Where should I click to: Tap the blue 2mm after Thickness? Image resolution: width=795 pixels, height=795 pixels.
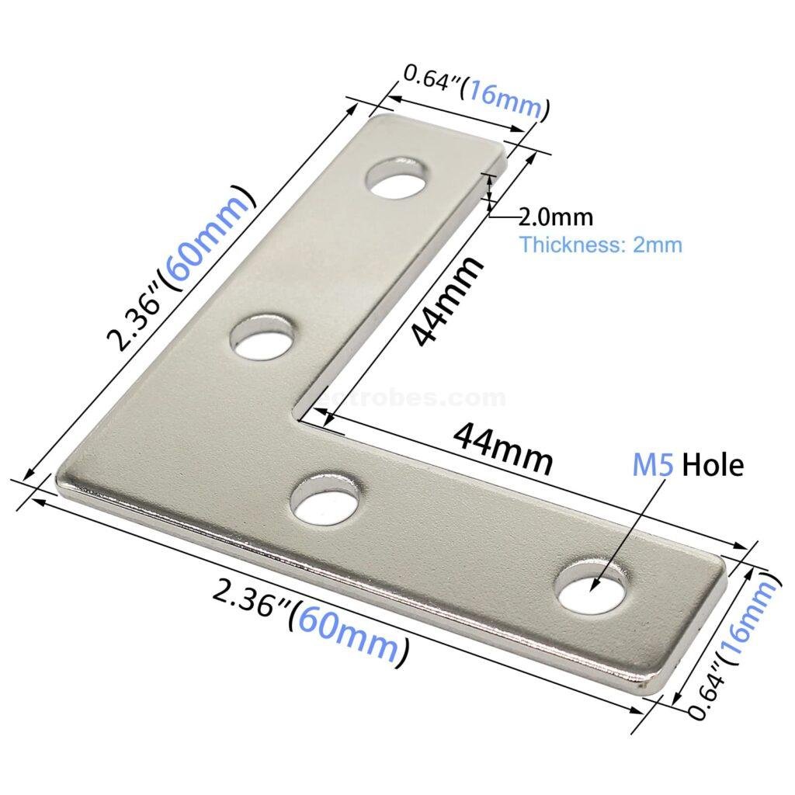coord(658,245)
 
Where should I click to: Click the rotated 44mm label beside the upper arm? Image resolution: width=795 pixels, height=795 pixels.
coord(446,303)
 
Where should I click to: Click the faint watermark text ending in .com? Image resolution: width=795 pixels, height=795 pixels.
coord(419,399)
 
